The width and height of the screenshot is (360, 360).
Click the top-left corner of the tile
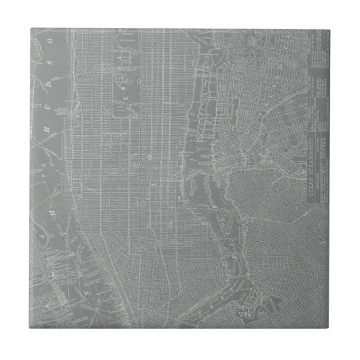pyautogui.click(x=30, y=29)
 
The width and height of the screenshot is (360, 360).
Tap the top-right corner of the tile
pyautogui.click(x=331, y=29)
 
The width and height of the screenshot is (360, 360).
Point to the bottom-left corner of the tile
pyautogui.click(x=30, y=331)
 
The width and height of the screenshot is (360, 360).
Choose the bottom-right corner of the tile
pyautogui.click(x=331, y=331)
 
